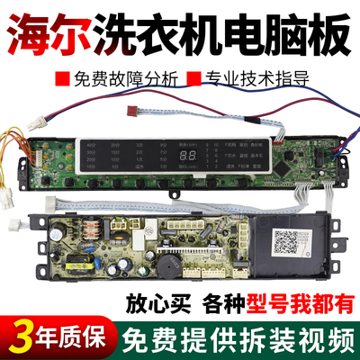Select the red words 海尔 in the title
coord(50,25)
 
